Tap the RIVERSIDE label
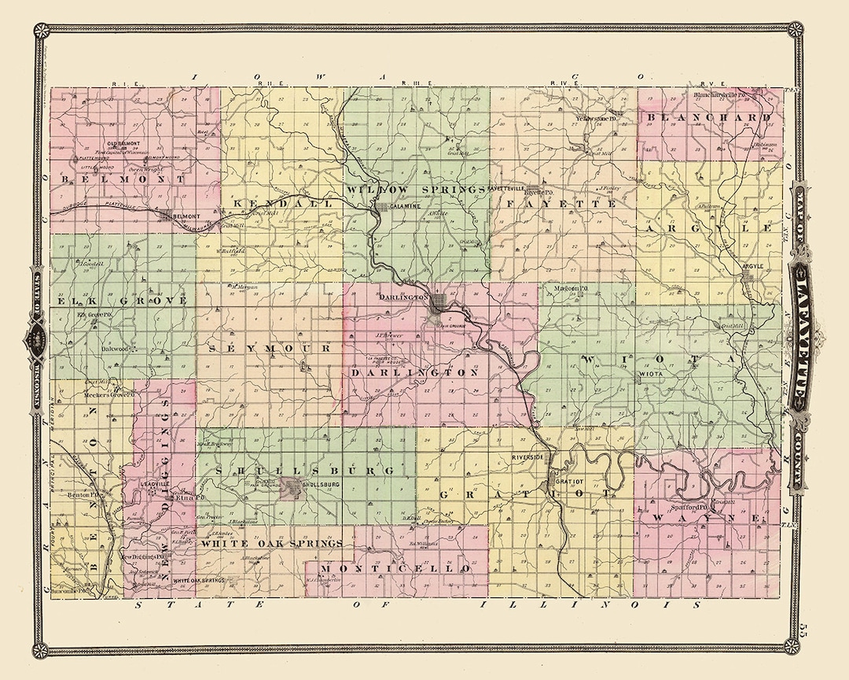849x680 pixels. coord(527,456)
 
